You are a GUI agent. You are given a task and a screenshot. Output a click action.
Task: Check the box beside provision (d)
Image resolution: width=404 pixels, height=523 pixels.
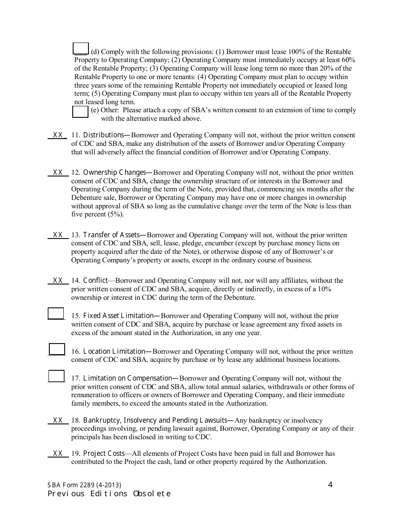tap(81, 49)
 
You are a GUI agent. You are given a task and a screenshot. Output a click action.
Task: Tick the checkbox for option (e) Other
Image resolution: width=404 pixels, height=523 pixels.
tap(80, 111)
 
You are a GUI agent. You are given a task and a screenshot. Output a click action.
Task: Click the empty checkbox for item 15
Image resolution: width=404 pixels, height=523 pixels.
tap(56, 313)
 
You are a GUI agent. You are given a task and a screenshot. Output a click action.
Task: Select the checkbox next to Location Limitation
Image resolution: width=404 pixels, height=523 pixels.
tap(57, 349)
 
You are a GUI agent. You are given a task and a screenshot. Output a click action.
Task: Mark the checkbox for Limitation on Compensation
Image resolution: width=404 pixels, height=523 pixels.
tap(56, 376)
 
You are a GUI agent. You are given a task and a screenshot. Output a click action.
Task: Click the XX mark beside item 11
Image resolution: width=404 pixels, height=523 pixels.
tap(58, 135)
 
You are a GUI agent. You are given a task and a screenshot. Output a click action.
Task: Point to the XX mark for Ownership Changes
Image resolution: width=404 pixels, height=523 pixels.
tap(58, 173)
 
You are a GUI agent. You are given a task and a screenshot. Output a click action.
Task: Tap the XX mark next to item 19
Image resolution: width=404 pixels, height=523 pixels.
tap(58, 454)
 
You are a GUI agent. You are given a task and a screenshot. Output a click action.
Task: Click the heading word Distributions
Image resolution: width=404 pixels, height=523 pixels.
tap(103, 135)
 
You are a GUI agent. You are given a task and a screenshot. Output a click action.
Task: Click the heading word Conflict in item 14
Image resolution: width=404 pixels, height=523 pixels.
tap(96, 281)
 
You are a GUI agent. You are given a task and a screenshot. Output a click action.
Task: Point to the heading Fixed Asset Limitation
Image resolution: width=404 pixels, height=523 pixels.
tap(118, 316)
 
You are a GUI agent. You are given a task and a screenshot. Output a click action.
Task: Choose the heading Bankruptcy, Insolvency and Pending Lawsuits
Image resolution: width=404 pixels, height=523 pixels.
tap(156, 421)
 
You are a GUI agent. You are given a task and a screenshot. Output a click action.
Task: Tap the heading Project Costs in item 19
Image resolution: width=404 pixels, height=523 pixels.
tap(104, 454)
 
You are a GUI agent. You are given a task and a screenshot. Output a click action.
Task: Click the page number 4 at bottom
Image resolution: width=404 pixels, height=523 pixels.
tap(330, 485)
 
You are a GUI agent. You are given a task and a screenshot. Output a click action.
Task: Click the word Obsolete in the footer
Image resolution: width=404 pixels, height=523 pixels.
tap(152, 494)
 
